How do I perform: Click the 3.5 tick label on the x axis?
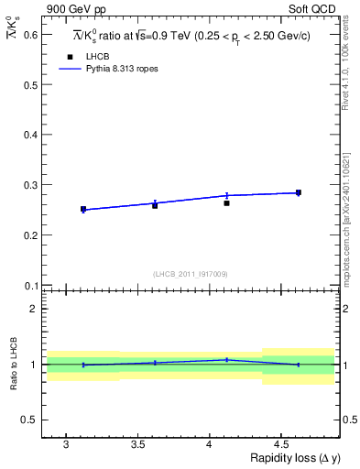point(137,444)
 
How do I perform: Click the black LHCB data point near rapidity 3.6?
point(155,205)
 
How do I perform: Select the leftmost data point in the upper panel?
point(83,210)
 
